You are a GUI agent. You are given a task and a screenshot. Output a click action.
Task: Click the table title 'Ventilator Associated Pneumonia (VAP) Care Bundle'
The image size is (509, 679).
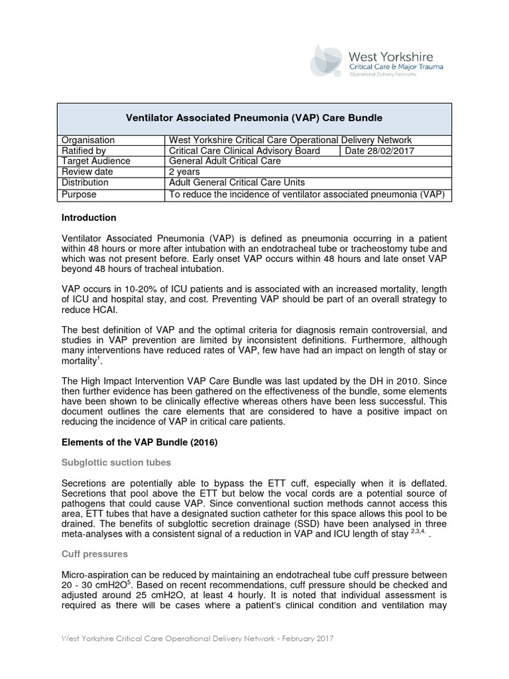[254, 118]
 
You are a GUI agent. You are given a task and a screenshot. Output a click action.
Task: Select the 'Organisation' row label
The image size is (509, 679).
[88, 140]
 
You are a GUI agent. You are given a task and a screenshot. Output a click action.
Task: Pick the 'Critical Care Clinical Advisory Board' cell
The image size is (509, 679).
[245, 151]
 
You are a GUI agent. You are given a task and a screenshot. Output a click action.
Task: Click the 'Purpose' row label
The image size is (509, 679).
[79, 194]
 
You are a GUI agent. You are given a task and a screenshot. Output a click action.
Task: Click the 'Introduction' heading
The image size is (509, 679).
[89, 217]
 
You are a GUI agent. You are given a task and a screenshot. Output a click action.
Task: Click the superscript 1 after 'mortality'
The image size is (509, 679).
[99, 357]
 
